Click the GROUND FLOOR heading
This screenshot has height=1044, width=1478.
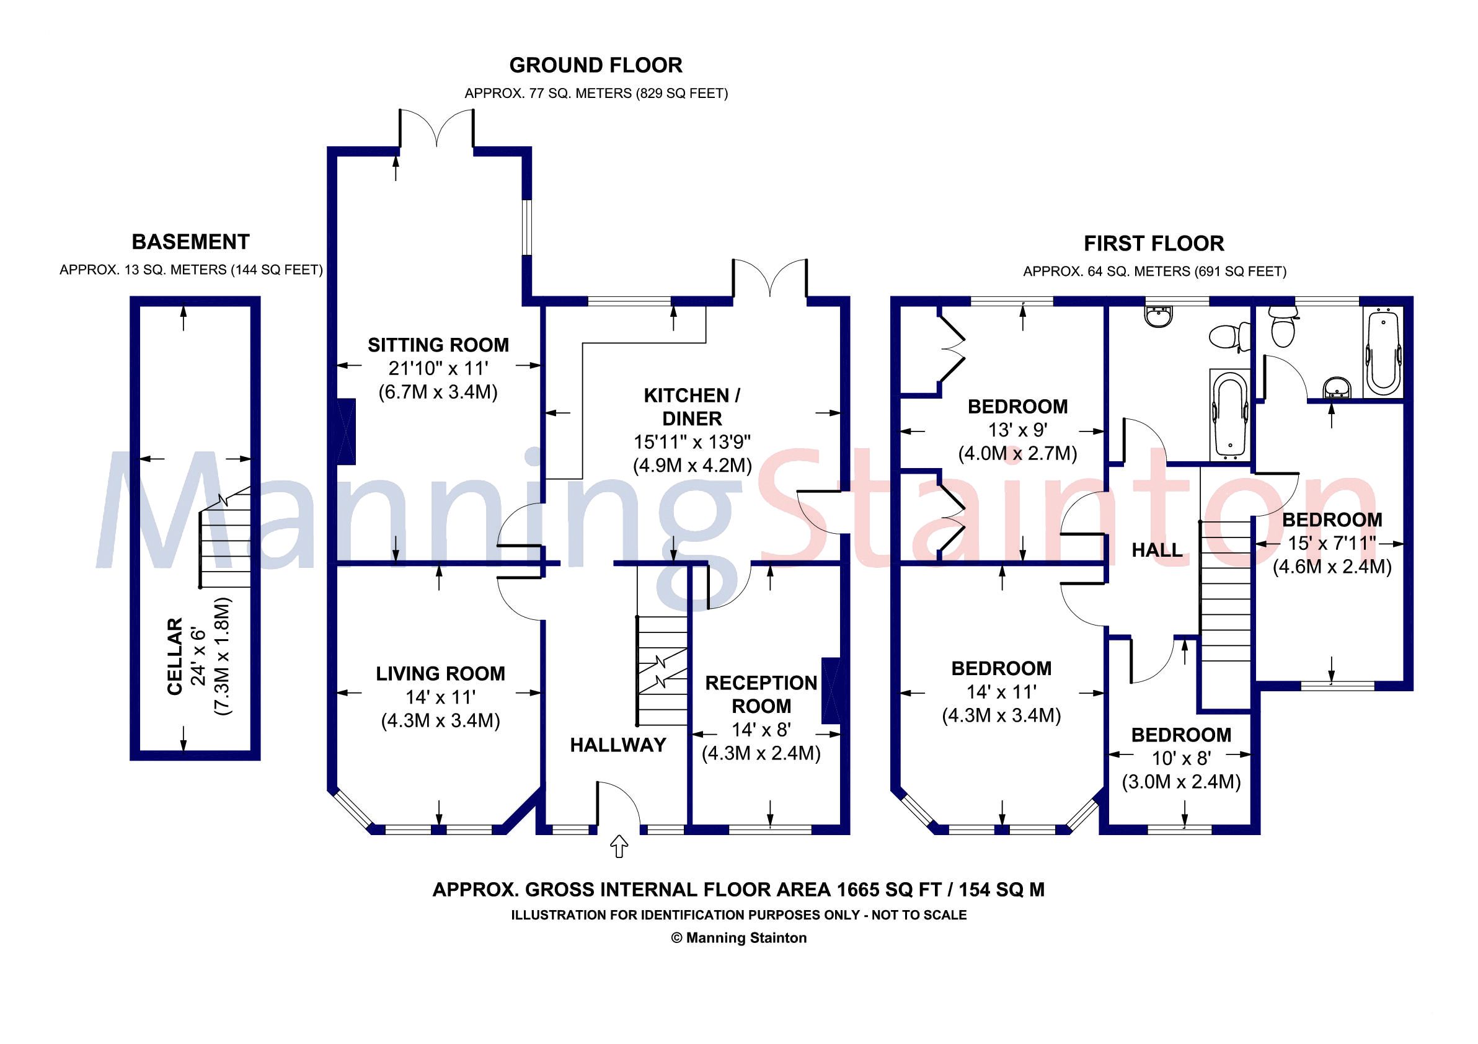click(x=595, y=65)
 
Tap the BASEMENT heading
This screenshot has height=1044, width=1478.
click(x=190, y=242)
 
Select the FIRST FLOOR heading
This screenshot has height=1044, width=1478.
click(x=1154, y=243)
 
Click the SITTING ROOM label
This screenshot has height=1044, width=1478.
click(x=438, y=345)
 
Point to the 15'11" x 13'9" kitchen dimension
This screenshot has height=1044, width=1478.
click(x=692, y=442)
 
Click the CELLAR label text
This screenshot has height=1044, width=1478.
click(x=175, y=657)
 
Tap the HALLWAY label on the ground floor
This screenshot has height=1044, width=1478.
click(x=618, y=745)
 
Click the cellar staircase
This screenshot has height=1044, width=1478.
click(x=224, y=547)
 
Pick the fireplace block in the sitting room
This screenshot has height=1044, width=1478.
click(x=347, y=431)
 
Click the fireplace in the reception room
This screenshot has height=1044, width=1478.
click(x=830, y=691)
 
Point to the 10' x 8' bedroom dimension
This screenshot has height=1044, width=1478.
click(x=1181, y=758)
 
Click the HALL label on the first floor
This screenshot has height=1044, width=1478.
click(x=1157, y=550)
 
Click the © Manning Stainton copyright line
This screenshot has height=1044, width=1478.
click(x=738, y=938)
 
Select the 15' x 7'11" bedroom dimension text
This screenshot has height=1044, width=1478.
click(x=1331, y=543)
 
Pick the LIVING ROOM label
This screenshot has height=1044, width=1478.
click(x=440, y=674)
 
